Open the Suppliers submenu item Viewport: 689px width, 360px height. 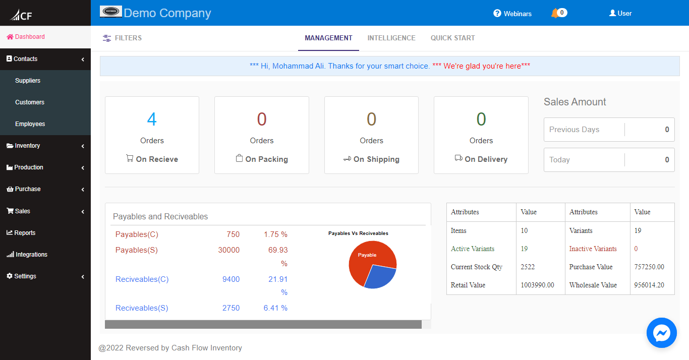click(x=28, y=81)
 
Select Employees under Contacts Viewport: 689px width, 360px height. click(x=30, y=124)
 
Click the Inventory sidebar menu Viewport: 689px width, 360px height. click(x=27, y=146)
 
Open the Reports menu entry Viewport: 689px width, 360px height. click(x=25, y=233)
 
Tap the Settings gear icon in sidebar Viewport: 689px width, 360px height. click(x=9, y=276)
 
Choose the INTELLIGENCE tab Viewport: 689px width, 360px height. click(x=391, y=38)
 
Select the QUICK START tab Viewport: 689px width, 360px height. click(x=452, y=38)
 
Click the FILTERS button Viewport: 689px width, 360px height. click(x=122, y=38)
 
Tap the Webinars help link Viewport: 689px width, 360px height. click(x=512, y=14)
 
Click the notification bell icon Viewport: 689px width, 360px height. click(x=555, y=13)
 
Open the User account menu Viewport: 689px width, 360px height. click(x=620, y=14)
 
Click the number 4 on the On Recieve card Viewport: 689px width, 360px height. click(x=152, y=119)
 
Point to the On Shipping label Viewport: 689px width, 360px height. click(x=376, y=159)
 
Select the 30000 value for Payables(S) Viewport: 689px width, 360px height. click(x=228, y=250)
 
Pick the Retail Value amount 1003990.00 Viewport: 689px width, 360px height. click(x=537, y=285)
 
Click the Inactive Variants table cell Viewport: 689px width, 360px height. click(x=593, y=249)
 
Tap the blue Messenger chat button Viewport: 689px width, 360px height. click(x=661, y=333)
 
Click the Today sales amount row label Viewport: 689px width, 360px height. click(x=559, y=160)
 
